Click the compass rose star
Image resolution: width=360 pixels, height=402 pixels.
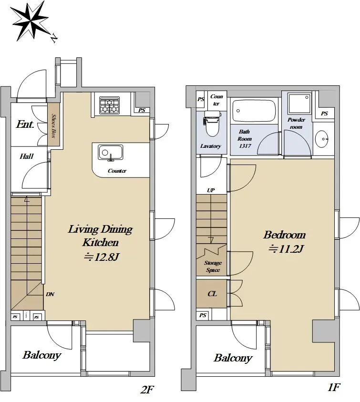[x=30, y=21]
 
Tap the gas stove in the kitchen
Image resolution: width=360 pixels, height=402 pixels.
[x=110, y=105]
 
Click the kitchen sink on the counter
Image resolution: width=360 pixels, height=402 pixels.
[x=111, y=153]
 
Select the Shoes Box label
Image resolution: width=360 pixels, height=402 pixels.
[x=53, y=125]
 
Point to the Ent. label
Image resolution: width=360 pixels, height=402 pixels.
[x=25, y=124]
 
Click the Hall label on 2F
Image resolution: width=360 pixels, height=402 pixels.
[x=27, y=156]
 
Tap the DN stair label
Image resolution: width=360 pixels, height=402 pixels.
[x=50, y=294]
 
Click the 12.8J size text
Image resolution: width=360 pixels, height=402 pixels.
[x=102, y=257]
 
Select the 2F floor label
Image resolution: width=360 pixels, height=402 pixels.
[x=147, y=390]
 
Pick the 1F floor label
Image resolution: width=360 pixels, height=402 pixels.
[x=334, y=387]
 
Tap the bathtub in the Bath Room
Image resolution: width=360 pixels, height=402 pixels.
[x=254, y=111]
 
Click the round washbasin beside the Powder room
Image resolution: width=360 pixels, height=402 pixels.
[x=322, y=139]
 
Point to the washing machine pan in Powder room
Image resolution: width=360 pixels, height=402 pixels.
[x=299, y=103]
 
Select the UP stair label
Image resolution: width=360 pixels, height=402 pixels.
[x=211, y=190]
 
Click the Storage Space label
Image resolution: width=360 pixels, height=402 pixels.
[x=213, y=267]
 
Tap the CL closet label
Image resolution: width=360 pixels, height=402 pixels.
[x=212, y=294]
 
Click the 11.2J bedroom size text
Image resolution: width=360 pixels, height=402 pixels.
[x=286, y=249]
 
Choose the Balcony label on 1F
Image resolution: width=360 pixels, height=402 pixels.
[x=233, y=358]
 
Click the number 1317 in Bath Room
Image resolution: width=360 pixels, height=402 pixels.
[x=245, y=146]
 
